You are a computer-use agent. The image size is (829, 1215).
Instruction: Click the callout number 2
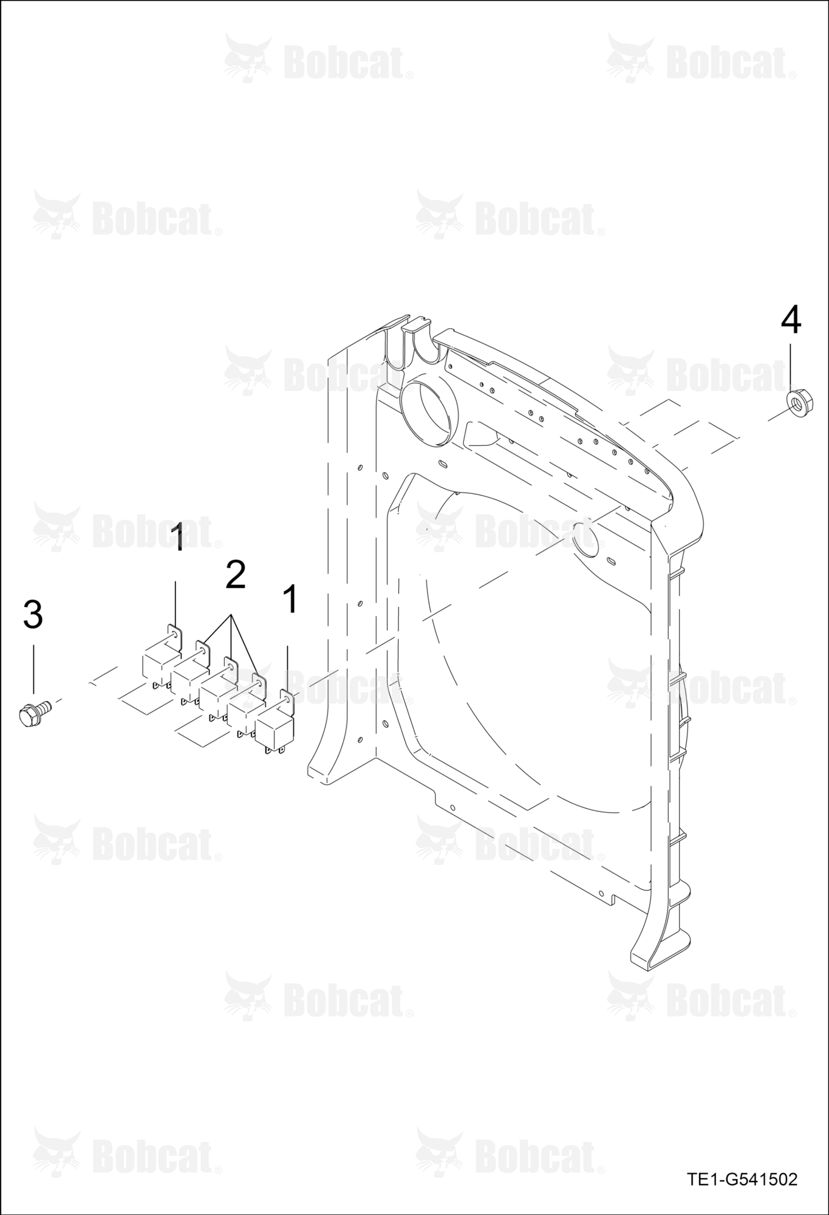pyautogui.click(x=235, y=574)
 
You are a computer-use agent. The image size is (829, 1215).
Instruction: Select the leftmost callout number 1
pyautogui.click(x=177, y=537)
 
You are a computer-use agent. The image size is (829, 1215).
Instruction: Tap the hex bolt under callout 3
pyautogui.click(x=34, y=712)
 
